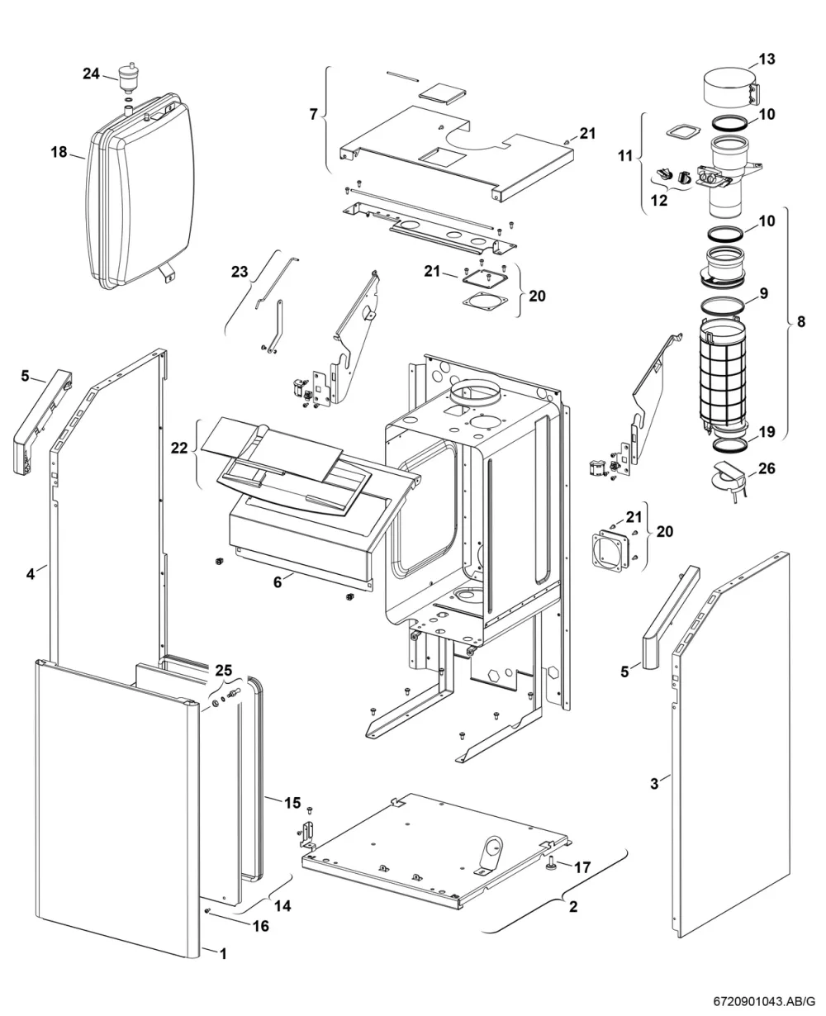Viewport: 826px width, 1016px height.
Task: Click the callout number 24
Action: point(91,74)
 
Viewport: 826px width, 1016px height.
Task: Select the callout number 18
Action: point(59,152)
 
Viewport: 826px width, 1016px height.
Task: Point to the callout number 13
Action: point(767,59)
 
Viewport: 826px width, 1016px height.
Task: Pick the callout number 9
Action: point(763,293)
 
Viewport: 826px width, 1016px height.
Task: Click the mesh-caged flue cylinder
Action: point(723,374)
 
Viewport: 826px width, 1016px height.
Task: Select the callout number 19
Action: point(767,432)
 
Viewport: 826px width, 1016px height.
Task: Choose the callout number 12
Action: point(659,201)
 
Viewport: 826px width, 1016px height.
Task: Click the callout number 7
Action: point(313,115)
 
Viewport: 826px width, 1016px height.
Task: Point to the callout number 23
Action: point(240,272)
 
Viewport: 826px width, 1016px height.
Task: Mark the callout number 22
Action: point(179,448)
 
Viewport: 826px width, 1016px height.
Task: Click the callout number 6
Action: point(278,582)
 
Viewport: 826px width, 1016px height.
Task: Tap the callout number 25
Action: point(223,670)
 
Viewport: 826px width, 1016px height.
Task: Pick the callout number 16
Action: point(260,926)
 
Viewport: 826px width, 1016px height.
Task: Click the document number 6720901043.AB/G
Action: point(764,1000)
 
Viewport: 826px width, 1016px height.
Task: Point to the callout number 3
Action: point(654,783)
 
